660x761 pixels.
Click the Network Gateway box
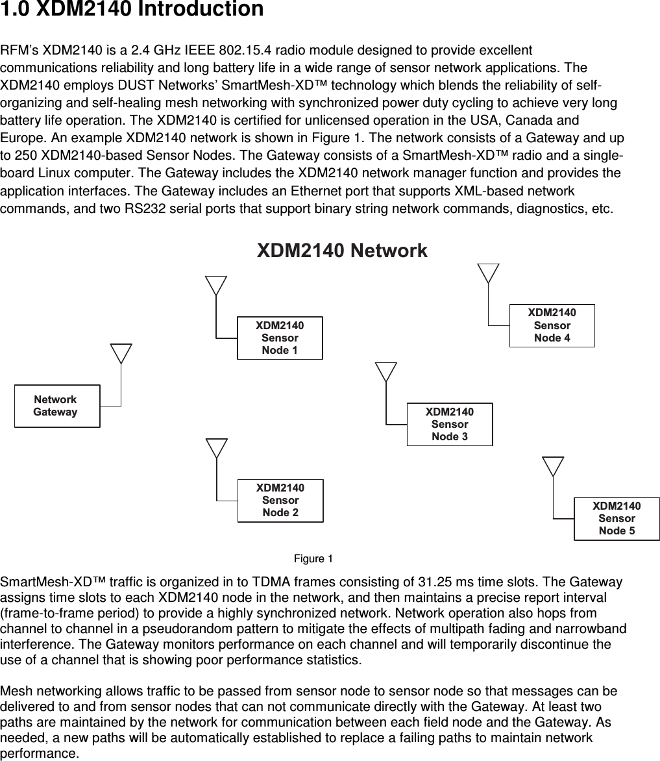pyautogui.click(x=57, y=406)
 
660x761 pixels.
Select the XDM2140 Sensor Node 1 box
pyautogui.click(x=280, y=338)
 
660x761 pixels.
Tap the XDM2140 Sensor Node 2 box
pyautogui.click(x=280, y=500)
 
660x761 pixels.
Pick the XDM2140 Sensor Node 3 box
pyautogui.click(x=449, y=424)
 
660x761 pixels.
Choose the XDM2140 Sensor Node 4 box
pyautogui.click(x=552, y=325)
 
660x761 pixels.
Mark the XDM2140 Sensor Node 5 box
pyautogui.click(x=617, y=518)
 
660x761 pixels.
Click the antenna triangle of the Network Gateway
pyautogui.click(x=121, y=353)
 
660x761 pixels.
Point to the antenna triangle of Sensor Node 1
pyautogui.click(x=216, y=284)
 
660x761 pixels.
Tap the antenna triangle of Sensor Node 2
pyautogui.click(x=217, y=447)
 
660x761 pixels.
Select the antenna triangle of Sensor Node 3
pyautogui.click(x=386, y=371)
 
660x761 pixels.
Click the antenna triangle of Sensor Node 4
pyautogui.click(x=488, y=272)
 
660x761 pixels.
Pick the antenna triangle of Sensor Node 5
pyautogui.click(x=553, y=465)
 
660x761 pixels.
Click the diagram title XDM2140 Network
pyautogui.click(x=342, y=251)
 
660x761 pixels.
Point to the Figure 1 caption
pyautogui.click(x=313, y=559)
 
